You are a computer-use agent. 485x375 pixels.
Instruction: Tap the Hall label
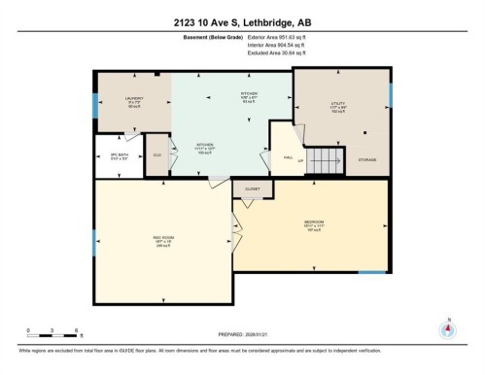(289, 156)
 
